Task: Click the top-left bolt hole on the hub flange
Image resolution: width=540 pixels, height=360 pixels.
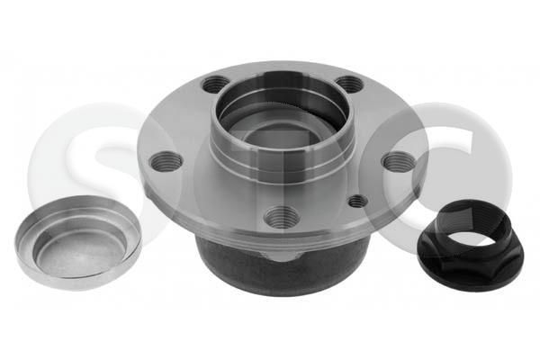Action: (x=216, y=85)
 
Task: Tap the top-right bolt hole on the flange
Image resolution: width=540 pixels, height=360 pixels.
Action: (x=349, y=84)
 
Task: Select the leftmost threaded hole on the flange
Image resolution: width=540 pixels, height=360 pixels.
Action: (x=166, y=162)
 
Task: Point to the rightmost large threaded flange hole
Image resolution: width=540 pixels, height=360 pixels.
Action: (x=398, y=162)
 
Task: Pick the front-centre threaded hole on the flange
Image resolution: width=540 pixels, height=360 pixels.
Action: (x=282, y=216)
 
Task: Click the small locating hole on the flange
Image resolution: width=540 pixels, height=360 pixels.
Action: (x=357, y=201)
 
